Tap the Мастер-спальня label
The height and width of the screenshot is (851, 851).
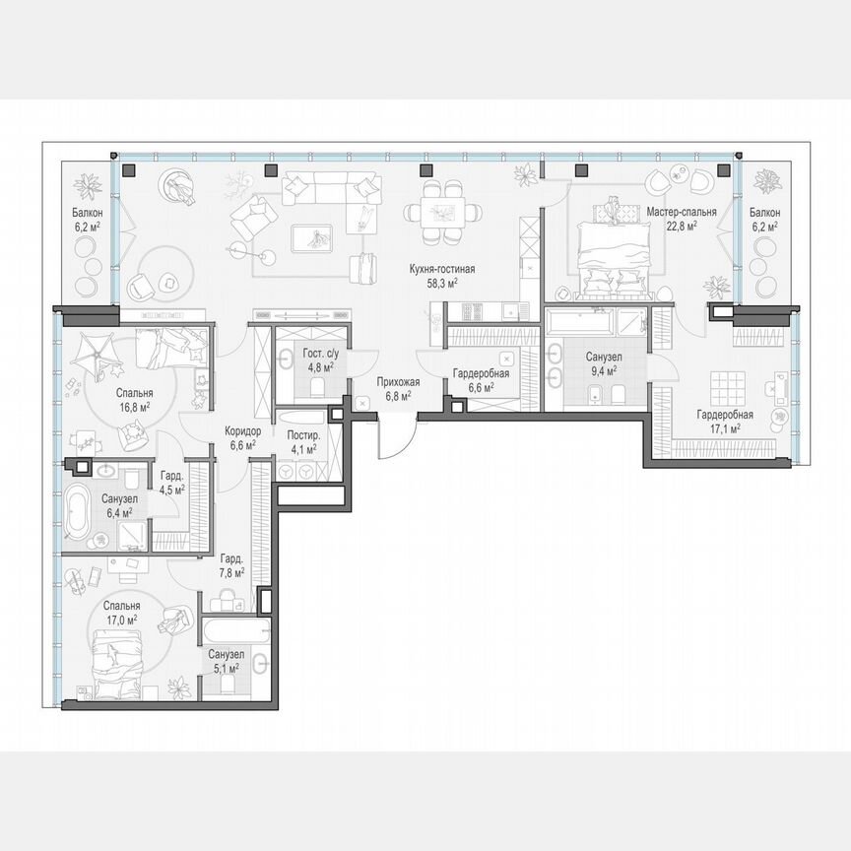point(682,212)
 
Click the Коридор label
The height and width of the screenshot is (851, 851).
point(242,431)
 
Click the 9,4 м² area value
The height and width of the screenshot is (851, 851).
point(601,371)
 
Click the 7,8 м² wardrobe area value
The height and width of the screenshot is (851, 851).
point(232,571)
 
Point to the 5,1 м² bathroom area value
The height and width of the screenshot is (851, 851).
point(227,667)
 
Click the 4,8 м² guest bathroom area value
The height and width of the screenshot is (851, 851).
point(317,367)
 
